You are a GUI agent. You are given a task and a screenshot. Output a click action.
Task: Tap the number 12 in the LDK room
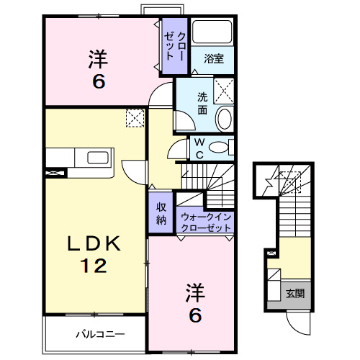click(x=94, y=267)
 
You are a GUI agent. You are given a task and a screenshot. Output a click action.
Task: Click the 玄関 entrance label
click(x=294, y=293)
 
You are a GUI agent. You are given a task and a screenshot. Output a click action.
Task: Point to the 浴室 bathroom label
click(x=213, y=59)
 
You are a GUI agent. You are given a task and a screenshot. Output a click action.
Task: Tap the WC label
click(x=198, y=148)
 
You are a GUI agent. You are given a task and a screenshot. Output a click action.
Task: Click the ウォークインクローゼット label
click(x=206, y=221)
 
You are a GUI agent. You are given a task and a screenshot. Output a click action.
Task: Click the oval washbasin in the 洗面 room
click(x=225, y=119)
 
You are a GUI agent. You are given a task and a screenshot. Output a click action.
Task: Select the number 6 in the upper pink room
click(x=98, y=81)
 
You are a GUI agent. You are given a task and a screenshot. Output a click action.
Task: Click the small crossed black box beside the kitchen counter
click(x=54, y=173)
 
